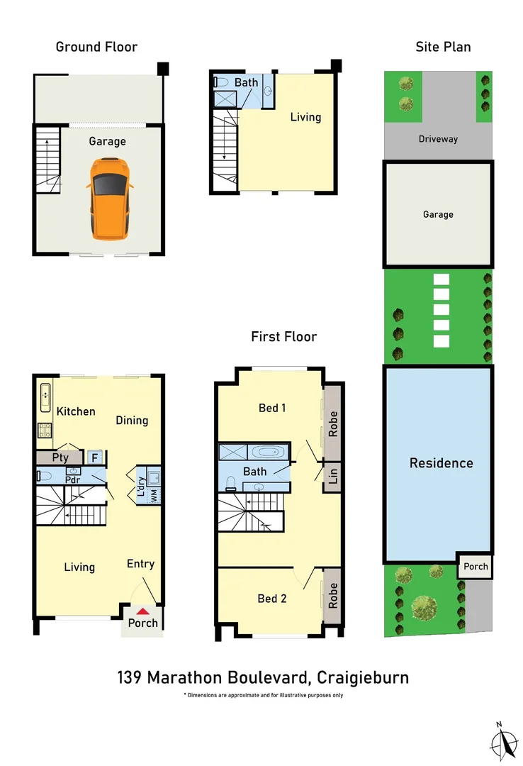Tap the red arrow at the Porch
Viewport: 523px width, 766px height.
click(x=142, y=611)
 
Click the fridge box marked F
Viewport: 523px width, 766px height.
click(x=94, y=458)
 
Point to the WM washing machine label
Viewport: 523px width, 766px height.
click(x=153, y=496)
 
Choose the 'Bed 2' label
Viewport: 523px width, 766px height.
click(x=272, y=599)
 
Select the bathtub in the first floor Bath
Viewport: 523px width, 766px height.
click(x=269, y=452)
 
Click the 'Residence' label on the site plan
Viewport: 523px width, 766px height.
click(x=441, y=463)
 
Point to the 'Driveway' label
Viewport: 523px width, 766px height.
click(x=438, y=139)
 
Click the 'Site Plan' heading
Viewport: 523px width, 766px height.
click(x=443, y=47)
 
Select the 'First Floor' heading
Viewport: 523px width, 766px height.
click(x=283, y=336)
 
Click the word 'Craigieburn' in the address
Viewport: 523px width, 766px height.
click(x=363, y=677)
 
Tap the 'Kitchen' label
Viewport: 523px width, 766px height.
click(x=76, y=411)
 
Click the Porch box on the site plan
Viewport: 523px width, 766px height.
click(x=476, y=566)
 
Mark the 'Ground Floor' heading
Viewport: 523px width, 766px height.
click(x=96, y=47)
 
